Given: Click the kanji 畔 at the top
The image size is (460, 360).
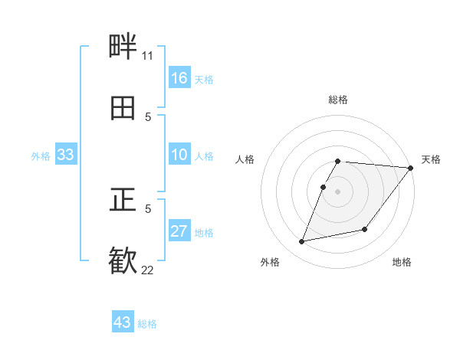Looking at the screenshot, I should coord(123,47).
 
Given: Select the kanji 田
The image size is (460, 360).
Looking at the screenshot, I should coord(123,109).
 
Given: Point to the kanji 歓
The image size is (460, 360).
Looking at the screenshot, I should coord(123,260).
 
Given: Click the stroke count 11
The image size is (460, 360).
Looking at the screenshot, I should coord(147,56).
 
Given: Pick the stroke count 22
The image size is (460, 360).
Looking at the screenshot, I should coord(147,270).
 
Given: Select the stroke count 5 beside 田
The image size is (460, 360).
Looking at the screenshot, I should coord(148,117).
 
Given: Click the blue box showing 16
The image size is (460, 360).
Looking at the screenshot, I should coord(179,78).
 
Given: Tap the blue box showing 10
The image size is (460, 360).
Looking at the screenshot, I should coord(179,155).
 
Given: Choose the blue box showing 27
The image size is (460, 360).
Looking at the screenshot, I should coord(179,232).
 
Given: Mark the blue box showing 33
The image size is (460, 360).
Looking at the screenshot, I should coord(66,155).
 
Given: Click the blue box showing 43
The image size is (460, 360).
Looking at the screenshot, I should coord(123,322).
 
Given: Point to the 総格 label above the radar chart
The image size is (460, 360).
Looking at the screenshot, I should coord(338,100).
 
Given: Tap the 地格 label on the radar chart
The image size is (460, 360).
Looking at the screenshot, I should coord(402,263).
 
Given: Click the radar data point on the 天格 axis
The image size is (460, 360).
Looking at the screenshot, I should coord(411,168).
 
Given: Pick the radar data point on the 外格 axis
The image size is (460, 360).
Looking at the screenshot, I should coord(302,242).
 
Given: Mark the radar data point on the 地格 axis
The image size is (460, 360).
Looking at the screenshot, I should coord(365,229).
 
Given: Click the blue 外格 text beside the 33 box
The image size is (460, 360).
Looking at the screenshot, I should coord(41,156).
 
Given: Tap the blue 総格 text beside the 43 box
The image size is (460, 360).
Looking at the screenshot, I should coord(147,324).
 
